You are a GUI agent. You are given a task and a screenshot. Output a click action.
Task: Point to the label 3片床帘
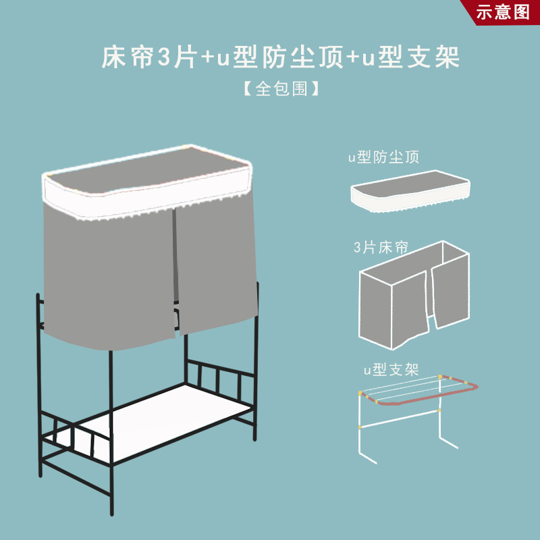[381, 247]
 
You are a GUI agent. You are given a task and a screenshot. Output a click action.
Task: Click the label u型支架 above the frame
[391, 370]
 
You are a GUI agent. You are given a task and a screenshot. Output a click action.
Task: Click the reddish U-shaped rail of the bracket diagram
[418, 402]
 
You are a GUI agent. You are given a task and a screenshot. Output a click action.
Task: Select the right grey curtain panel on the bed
[215, 263]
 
